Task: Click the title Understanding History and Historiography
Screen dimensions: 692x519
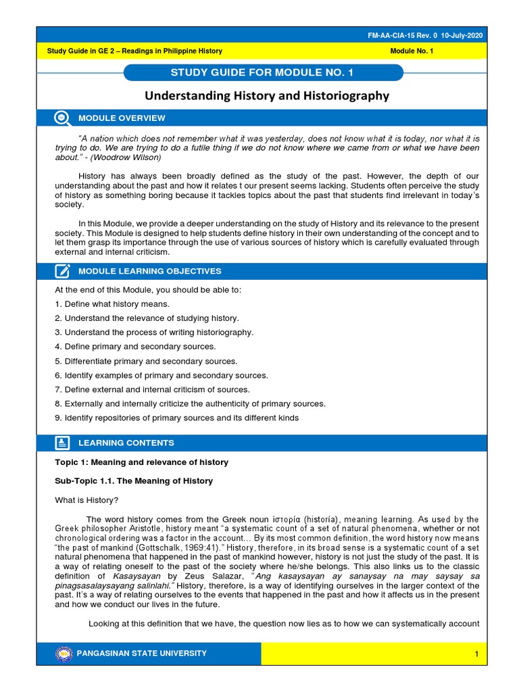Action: [x=268, y=96]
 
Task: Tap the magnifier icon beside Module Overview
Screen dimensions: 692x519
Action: [x=62, y=118]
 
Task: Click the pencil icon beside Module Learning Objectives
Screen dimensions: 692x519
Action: [x=62, y=271]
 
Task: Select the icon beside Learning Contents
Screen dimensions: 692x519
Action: [x=62, y=443]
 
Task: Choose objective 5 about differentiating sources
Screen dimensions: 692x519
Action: [x=145, y=361]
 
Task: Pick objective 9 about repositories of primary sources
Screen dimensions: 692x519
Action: [x=176, y=418]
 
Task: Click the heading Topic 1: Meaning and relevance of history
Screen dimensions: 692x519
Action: [x=141, y=462]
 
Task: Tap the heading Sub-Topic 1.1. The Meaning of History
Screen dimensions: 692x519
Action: [x=133, y=481]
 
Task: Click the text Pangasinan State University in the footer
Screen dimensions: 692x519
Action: [x=143, y=653]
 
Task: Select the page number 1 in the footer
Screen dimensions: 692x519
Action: [x=476, y=654]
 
